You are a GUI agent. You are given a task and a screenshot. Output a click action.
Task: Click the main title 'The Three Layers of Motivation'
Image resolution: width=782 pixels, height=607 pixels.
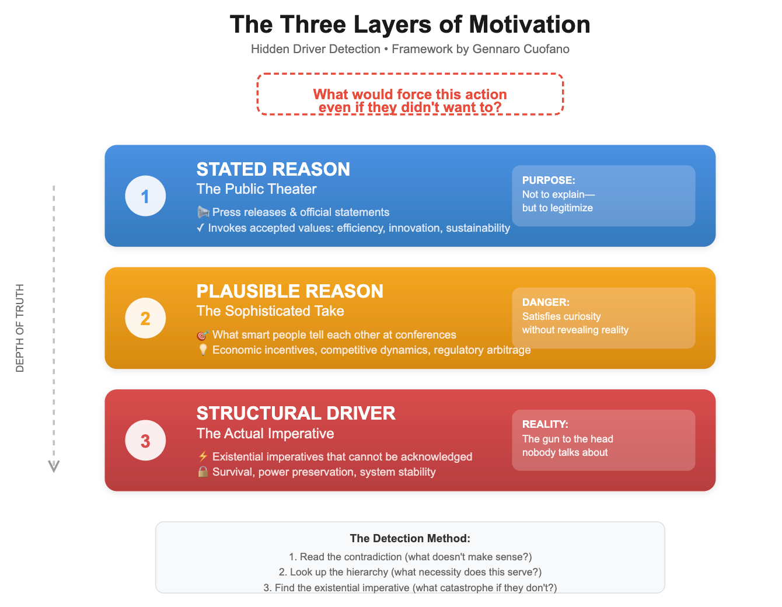click(410, 25)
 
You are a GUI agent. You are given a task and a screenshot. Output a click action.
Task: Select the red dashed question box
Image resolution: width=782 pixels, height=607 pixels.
click(410, 94)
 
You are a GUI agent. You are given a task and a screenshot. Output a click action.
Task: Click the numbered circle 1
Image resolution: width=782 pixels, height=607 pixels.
click(145, 196)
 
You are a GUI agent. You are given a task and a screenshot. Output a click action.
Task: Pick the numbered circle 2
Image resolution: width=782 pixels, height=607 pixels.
click(145, 318)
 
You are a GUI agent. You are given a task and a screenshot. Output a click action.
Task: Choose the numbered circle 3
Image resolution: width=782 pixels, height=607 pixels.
click(145, 440)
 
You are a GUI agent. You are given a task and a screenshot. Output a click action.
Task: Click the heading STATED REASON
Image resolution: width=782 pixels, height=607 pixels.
click(273, 169)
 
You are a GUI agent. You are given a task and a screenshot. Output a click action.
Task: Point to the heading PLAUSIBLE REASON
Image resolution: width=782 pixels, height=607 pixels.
click(289, 291)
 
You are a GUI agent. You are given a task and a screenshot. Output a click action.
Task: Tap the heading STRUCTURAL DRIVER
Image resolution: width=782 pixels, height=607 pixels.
click(296, 413)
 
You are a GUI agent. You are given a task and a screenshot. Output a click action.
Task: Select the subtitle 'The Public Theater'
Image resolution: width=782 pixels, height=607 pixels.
click(256, 189)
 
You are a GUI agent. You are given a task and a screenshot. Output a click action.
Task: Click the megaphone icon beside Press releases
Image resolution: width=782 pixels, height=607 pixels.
click(203, 212)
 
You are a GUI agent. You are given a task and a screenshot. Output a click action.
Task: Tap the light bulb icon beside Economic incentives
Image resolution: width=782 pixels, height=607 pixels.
click(203, 350)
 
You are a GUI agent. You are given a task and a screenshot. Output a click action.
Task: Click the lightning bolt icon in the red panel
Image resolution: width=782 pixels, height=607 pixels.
click(203, 456)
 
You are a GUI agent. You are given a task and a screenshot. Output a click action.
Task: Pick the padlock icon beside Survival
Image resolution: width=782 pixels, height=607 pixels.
click(203, 472)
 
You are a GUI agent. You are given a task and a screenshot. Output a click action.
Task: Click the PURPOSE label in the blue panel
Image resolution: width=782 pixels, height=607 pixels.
click(549, 180)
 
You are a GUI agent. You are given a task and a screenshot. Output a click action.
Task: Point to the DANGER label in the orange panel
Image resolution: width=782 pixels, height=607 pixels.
click(546, 302)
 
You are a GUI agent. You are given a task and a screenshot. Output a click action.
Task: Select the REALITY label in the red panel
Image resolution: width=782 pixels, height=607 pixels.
click(545, 424)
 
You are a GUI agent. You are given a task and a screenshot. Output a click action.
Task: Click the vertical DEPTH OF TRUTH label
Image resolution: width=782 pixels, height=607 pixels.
click(20, 328)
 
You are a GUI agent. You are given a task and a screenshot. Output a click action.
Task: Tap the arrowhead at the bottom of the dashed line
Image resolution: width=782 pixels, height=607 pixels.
click(54, 466)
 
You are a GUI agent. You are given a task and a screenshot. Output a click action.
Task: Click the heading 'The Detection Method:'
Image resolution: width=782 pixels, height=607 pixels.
click(410, 538)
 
